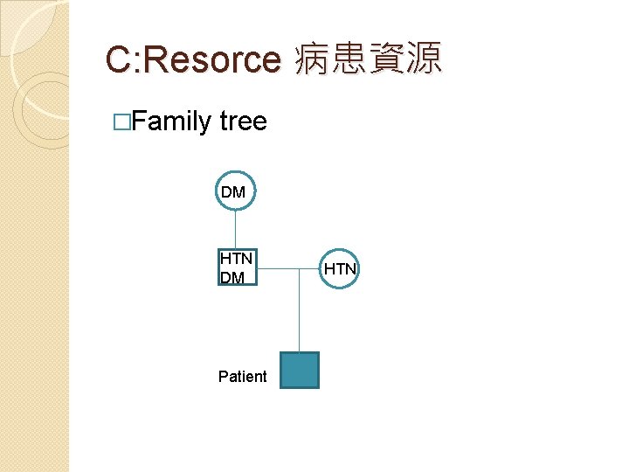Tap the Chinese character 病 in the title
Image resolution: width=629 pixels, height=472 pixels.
pyautogui.click(x=312, y=59)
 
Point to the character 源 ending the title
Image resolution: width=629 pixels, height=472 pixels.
pyautogui.click(x=425, y=59)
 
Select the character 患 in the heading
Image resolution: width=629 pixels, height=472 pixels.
pyautogui.click(x=349, y=59)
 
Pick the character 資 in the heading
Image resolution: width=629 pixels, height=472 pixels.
pyautogui.click(x=387, y=59)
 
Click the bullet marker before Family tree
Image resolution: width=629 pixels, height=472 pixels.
pyautogui.click(x=121, y=121)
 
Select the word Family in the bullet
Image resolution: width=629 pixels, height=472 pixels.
pyautogui.click(x=171, y=121)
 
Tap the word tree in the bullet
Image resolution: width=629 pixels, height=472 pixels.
pyautogui.click(x=244, y=121)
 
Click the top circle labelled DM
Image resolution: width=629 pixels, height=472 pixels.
pyautogui.click(x=234, y=191)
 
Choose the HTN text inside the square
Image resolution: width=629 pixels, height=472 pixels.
pyautogui.click(x=236, y=259)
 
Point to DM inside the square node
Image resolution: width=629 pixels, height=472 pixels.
pyautogui.click(x=232, y=278)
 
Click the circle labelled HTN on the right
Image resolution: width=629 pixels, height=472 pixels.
pyautogui.click(x=339, y=268)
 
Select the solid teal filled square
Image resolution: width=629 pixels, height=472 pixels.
pyautogui.click(x=300, y=370)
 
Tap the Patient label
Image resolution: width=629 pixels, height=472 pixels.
pyautogui.click(x=242, y=377)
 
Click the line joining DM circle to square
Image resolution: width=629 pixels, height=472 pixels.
pyautogui.click(x=235, y=230)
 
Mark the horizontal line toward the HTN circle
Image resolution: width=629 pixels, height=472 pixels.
pyautogui.click(x=288, y=268)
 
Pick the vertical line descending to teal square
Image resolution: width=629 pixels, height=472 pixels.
pyautogui.click(x=300, y=315)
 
